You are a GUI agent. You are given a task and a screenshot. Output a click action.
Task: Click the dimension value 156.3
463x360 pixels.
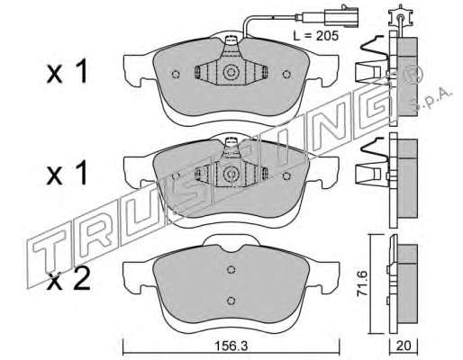pos(231,346)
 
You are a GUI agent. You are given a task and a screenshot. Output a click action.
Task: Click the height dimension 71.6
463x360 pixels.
pos(362,283)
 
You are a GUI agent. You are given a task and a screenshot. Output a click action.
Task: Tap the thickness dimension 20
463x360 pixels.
pos(404,346)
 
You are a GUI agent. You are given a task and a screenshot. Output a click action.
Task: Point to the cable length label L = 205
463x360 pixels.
pos(315,36)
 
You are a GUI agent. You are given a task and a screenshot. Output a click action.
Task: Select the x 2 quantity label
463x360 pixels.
pos(68,279)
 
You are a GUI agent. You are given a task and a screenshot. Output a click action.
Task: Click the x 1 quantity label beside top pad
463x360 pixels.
pos(67,71)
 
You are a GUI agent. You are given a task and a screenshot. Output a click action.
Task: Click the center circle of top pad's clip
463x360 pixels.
pos(231,72)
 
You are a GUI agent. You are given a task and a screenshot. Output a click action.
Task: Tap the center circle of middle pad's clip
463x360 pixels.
pos(231,174)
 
